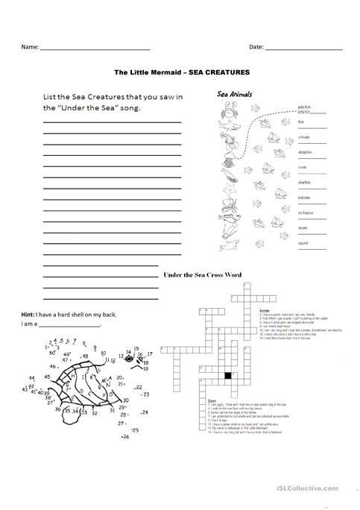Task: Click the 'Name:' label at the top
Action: [x=30, y=47]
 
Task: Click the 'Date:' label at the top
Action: [x=256, y=47]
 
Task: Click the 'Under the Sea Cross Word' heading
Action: [x=202, y=274]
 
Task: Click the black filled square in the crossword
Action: [x=228, y=374]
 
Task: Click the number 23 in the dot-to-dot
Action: [x=145, y=394]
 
